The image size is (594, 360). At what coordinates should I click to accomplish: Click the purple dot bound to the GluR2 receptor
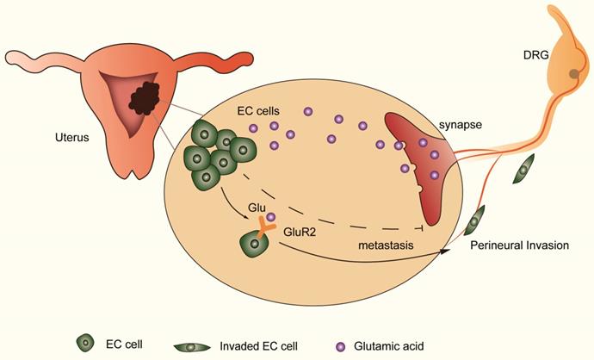[271, 217]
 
